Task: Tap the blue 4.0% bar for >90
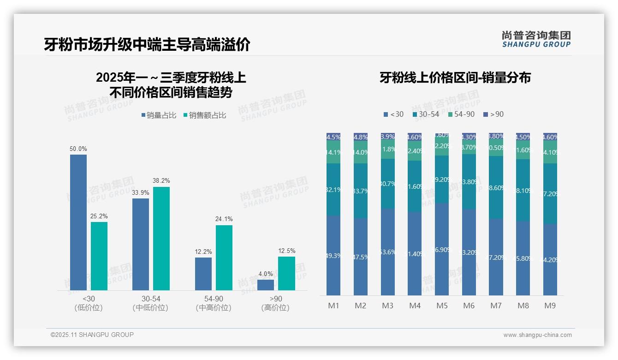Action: coord(266,285)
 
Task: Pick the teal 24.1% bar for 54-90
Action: coord(224,258)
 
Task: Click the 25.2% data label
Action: coord(99,216)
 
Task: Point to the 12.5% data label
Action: coord(286,251)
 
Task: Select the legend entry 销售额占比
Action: coord(204,115)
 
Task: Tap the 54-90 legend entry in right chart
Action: coord(461,114)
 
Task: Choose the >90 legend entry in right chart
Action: coord(493,114)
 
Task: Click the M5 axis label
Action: coord(442,306)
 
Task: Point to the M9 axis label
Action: coord(550,306)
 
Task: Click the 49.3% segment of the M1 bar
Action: coord(333,255)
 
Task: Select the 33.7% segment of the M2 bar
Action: coord(361,191)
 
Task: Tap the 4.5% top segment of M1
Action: coord(333,137)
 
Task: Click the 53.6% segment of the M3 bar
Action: coord(388,252)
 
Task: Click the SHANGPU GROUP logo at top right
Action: coord(536,39)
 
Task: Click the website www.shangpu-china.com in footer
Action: coord(537,335)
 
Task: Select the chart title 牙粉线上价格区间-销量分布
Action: coord(455,78)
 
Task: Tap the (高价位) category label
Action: coord(275,308)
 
